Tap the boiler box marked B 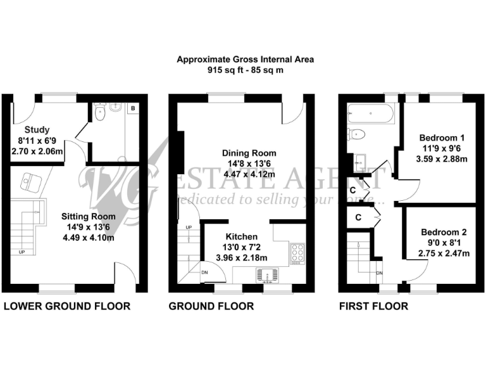132,109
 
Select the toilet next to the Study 99,113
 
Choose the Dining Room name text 249,153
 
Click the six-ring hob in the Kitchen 297,254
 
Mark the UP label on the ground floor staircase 188,227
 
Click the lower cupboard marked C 358,217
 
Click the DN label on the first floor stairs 379,273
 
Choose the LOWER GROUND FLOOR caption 67,307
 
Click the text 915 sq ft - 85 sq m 246,70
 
